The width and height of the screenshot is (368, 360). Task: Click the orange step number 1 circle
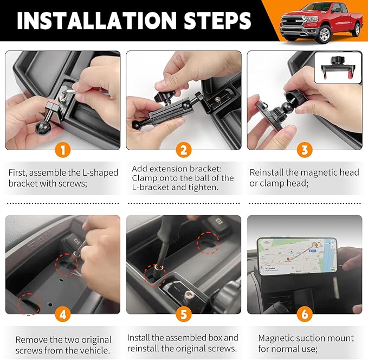(63, 150)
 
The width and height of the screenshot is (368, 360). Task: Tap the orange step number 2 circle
(184, 150)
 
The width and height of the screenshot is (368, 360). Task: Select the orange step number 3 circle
(305, 150)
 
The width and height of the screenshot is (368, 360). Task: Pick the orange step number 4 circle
(63, 315)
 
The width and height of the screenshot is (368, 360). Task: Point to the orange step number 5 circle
(184, 315)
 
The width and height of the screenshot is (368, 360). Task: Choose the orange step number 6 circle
(305, 315)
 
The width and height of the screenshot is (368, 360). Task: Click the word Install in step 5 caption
(139, 337)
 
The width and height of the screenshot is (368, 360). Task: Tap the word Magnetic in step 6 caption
(276, 338)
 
